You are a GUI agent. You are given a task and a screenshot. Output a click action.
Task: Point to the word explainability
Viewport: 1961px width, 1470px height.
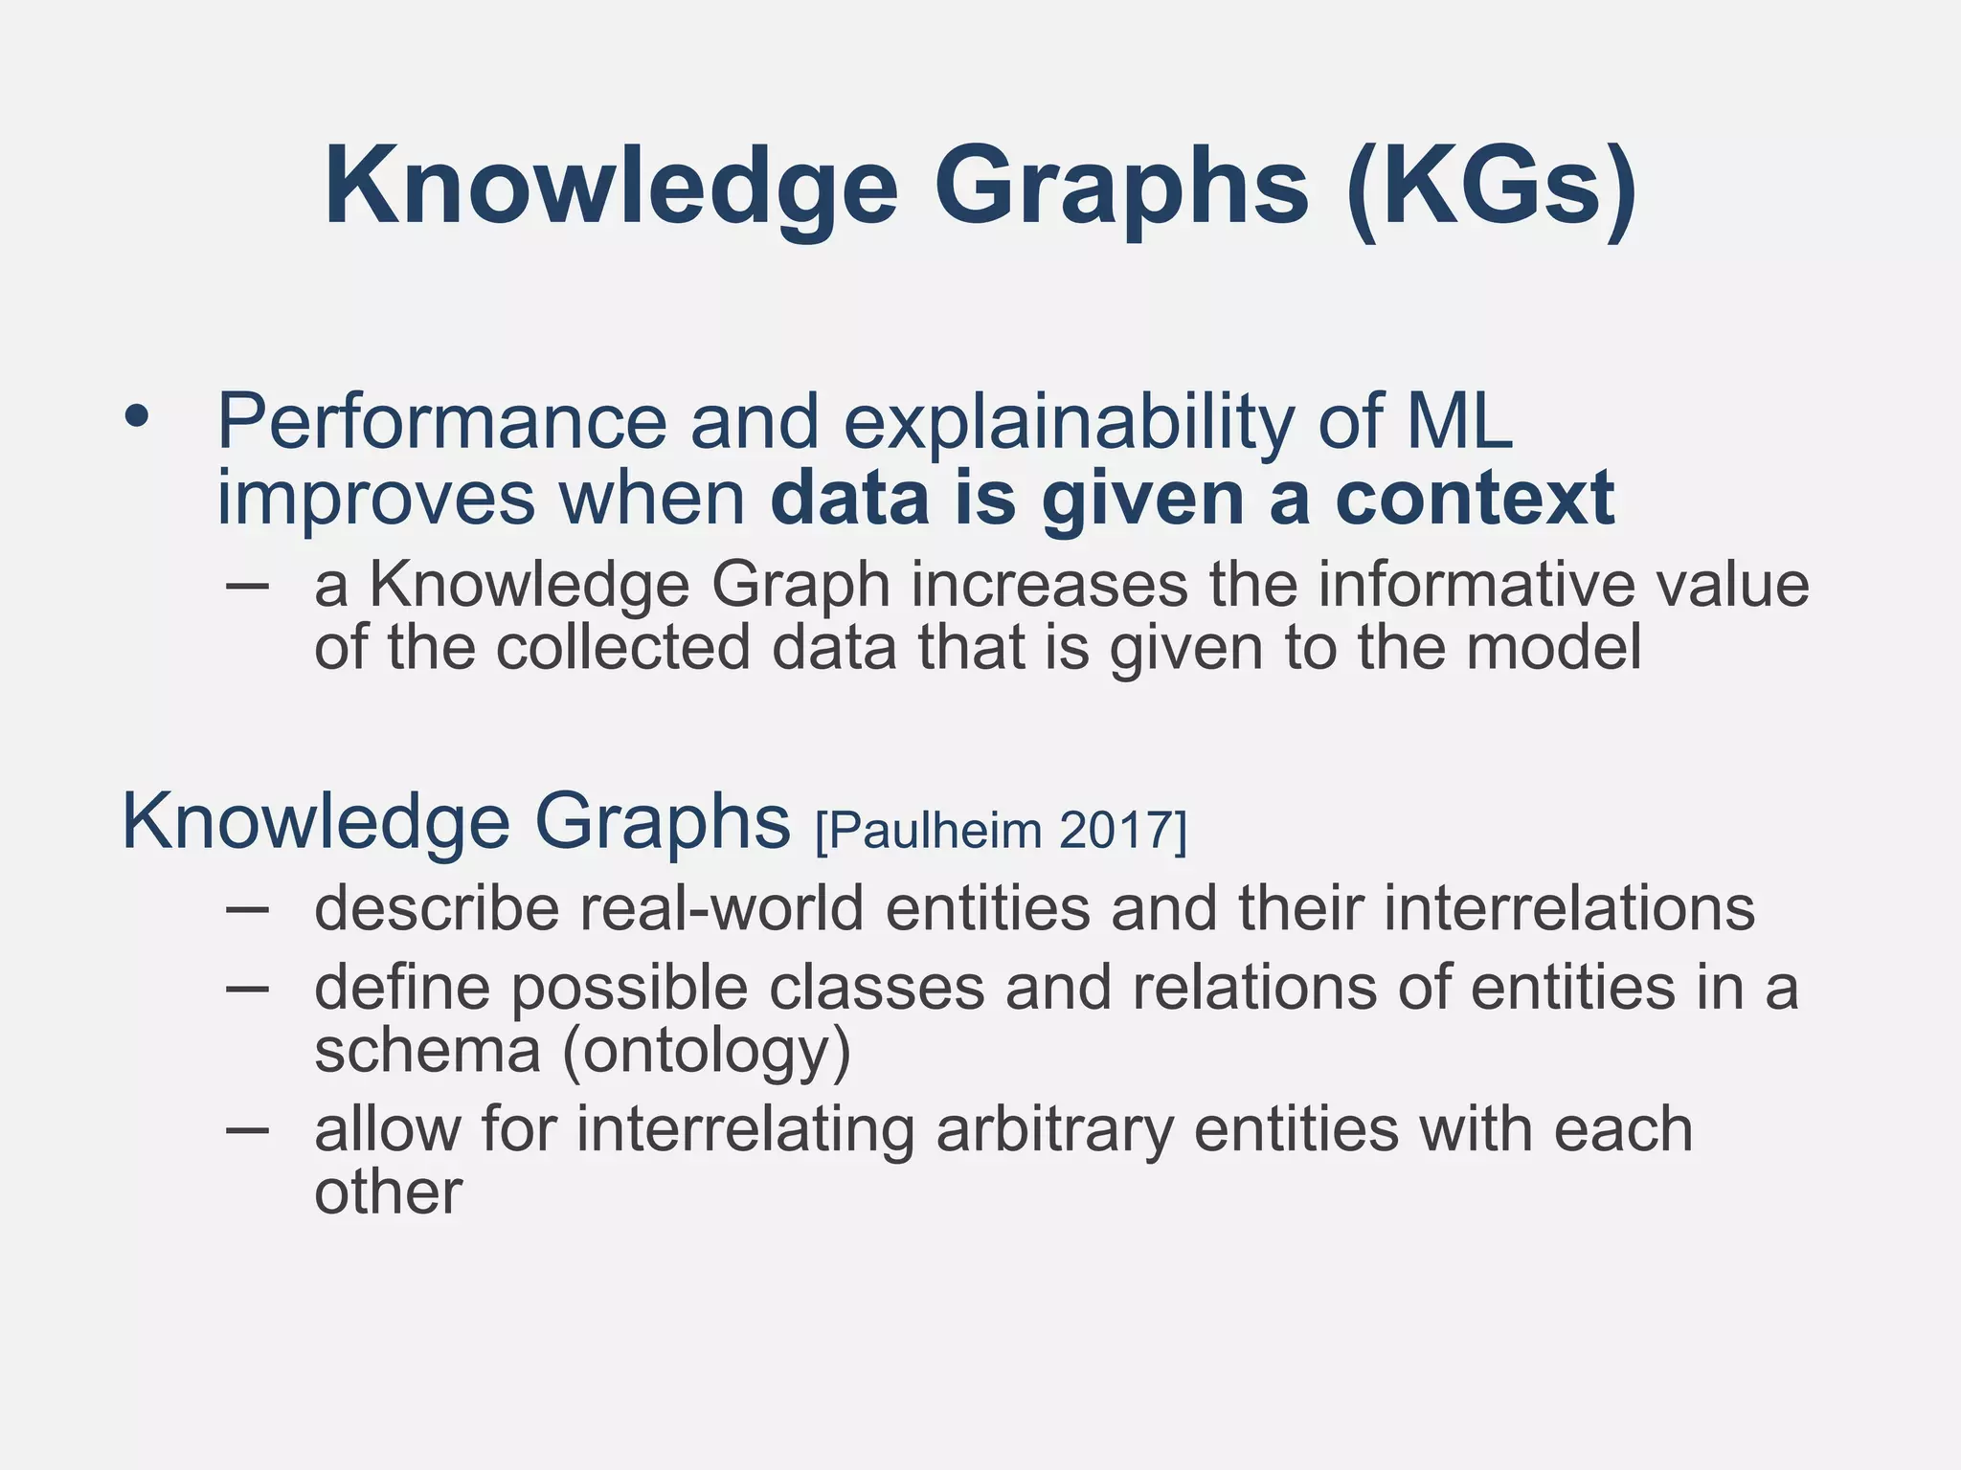coord(1068,423)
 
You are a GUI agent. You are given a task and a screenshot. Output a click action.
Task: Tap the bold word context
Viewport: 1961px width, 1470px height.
coord(1475,500)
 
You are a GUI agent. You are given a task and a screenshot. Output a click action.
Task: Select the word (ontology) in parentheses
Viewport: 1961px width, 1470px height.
coord(706,1053)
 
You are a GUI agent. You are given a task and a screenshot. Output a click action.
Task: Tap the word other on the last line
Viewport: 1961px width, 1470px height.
coord(388,1193)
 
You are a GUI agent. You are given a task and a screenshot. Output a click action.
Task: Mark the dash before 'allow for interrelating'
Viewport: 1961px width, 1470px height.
coord(246,1130)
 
